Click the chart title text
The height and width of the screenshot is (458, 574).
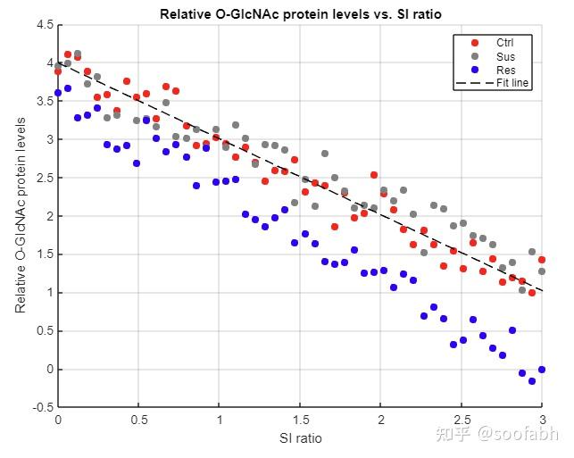[300, 14]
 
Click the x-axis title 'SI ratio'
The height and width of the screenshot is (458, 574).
[300, 437]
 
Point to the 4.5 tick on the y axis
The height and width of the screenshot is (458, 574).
[45, 25]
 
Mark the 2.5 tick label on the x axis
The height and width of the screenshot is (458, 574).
[462, 420]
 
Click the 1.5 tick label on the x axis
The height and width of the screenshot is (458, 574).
[300, 420]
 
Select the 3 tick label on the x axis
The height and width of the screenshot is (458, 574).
[542, 420]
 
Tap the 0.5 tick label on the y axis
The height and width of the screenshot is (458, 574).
[45, 331]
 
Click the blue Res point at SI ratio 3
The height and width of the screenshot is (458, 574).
[542, 370]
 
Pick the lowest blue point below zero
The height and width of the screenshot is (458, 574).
[532, 381]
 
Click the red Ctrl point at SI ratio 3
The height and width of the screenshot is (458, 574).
[542, 260]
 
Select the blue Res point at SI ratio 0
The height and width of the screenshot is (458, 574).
[58, 93]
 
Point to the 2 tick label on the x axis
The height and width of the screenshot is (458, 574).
[381, 420]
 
